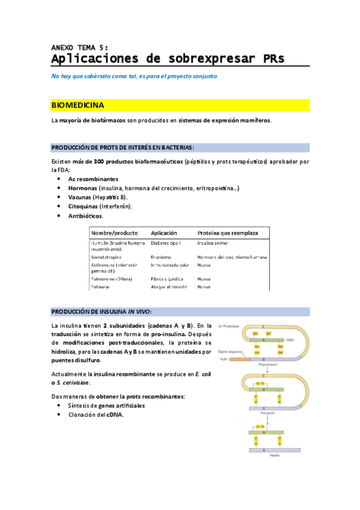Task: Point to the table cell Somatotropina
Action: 110,257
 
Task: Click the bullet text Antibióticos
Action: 85,216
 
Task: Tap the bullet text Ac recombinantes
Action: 93,179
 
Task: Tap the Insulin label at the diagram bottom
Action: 272,455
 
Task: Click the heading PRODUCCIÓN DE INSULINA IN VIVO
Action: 102,312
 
